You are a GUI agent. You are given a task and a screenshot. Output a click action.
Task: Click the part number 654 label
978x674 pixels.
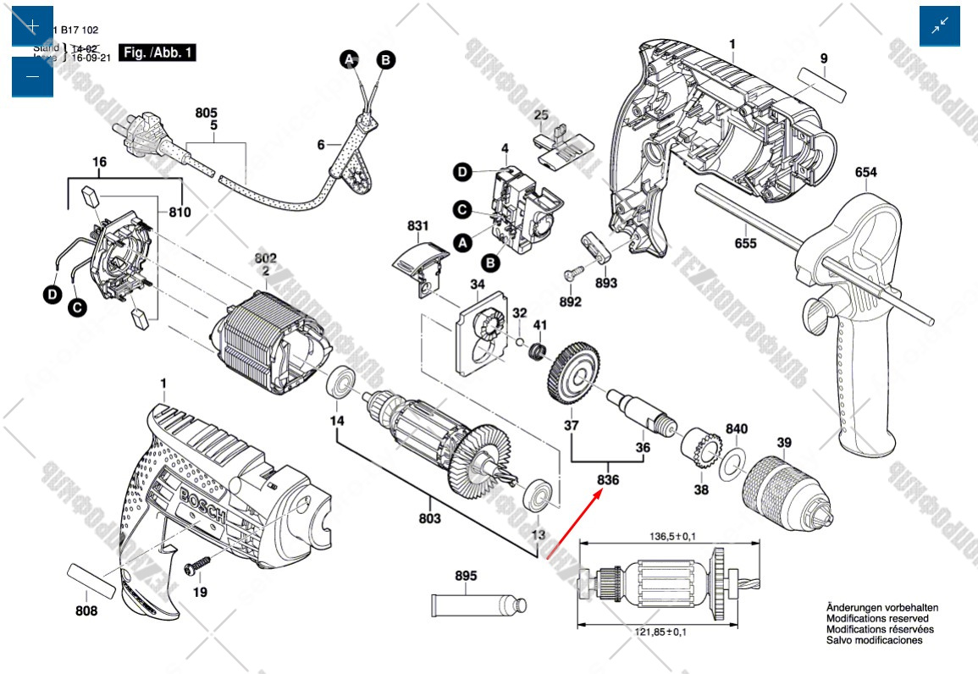point(865,173)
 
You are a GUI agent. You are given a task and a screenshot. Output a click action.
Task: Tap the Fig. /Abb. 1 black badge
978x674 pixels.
point(157,52)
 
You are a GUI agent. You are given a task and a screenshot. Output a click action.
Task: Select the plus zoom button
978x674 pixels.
point(32,26)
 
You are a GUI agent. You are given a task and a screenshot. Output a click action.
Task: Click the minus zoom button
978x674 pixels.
point(32,77)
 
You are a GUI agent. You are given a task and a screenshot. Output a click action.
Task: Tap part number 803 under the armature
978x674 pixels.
point(429,518)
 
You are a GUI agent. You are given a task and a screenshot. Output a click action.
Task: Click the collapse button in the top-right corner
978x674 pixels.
point(940,26)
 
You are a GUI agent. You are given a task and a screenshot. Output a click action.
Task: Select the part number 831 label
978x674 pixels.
point(417,226)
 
